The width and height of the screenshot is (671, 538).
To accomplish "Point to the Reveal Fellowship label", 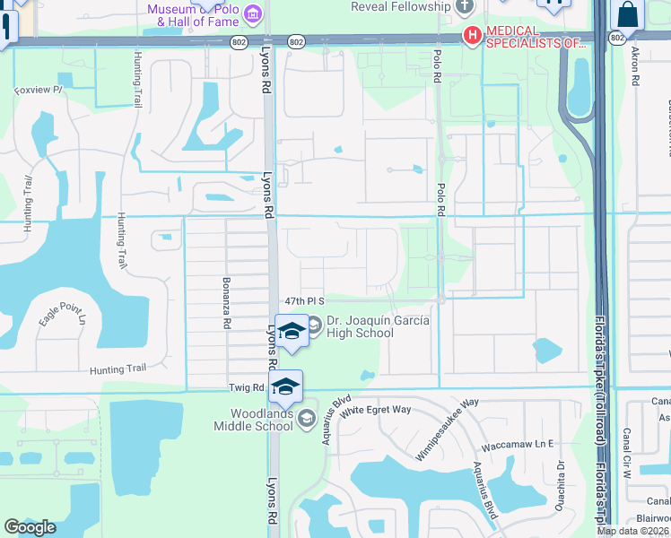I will tap(400, 7).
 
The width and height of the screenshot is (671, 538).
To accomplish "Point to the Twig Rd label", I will tap(245, 387).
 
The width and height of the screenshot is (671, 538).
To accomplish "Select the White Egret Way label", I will tap(375, 410).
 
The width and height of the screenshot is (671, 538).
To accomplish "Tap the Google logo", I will tap(30, 527).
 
